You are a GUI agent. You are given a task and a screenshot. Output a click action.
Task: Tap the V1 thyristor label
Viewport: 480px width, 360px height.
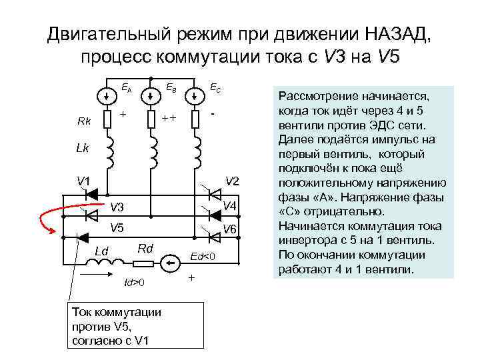tap(83, 181)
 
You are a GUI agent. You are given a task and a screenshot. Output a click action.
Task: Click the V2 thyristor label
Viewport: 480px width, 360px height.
tap(231, 181)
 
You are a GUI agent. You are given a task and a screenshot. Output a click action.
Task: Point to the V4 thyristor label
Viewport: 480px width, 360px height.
tap(230, 205)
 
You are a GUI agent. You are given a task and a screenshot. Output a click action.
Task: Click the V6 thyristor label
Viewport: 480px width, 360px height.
tap(230, 230)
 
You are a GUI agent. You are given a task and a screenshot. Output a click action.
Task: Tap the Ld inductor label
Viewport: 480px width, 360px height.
tap(101, 251)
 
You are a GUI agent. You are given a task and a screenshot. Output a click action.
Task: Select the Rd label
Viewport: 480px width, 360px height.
tap(145, 249)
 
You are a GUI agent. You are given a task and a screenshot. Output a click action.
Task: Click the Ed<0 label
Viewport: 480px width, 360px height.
tap(203, 257)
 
